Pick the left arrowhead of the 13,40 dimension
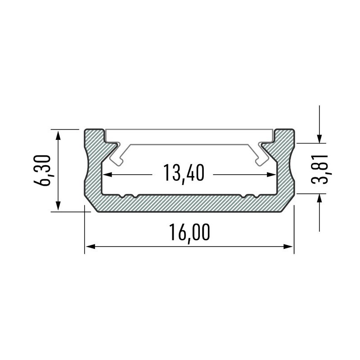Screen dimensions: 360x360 pos(108,174)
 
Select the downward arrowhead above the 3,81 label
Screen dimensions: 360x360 pos(319,139)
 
